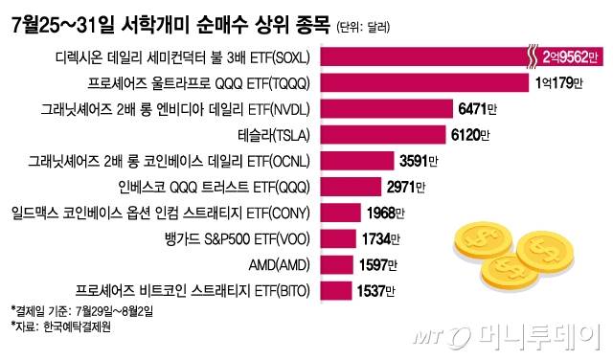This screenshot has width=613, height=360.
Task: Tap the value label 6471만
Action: coord(485,108)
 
